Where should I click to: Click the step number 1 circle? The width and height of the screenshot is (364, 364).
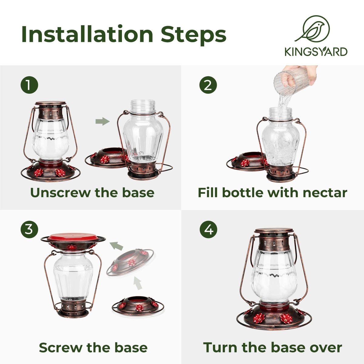(x=29, y=85)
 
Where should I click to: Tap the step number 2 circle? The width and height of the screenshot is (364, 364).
(x=208, y=85)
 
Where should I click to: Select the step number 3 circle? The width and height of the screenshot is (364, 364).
(x=29, y=229)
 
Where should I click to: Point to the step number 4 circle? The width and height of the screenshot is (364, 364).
(x=208, y=230)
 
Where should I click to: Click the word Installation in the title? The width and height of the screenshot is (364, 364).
(x=87, y=34)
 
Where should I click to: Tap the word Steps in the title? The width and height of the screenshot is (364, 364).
(x=194, y=35)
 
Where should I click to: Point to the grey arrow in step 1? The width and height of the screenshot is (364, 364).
(x=103, y=121)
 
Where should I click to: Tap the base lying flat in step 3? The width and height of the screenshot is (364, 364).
(x=138, y=307)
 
